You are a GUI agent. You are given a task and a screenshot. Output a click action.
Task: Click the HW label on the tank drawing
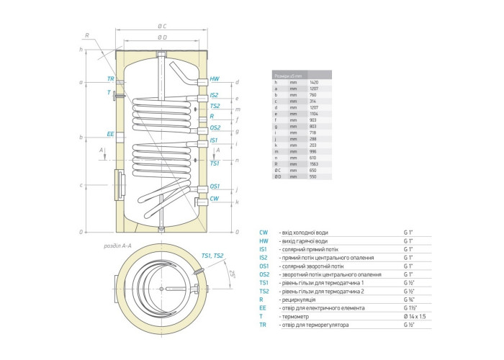(215, 78)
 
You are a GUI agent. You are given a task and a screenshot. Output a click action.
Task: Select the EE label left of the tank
(110, 134)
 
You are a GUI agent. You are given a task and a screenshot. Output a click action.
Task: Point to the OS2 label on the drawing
(215, 127)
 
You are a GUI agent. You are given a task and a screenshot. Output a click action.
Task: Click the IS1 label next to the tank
(215, 140)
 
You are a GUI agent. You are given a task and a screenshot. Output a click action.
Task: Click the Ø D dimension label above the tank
(162, 37)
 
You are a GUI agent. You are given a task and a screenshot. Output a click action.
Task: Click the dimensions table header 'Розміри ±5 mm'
(288, 75)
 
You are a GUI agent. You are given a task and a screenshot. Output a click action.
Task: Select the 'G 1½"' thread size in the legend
(410, 307)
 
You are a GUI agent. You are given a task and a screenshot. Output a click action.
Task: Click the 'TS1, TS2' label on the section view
(213, 256)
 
